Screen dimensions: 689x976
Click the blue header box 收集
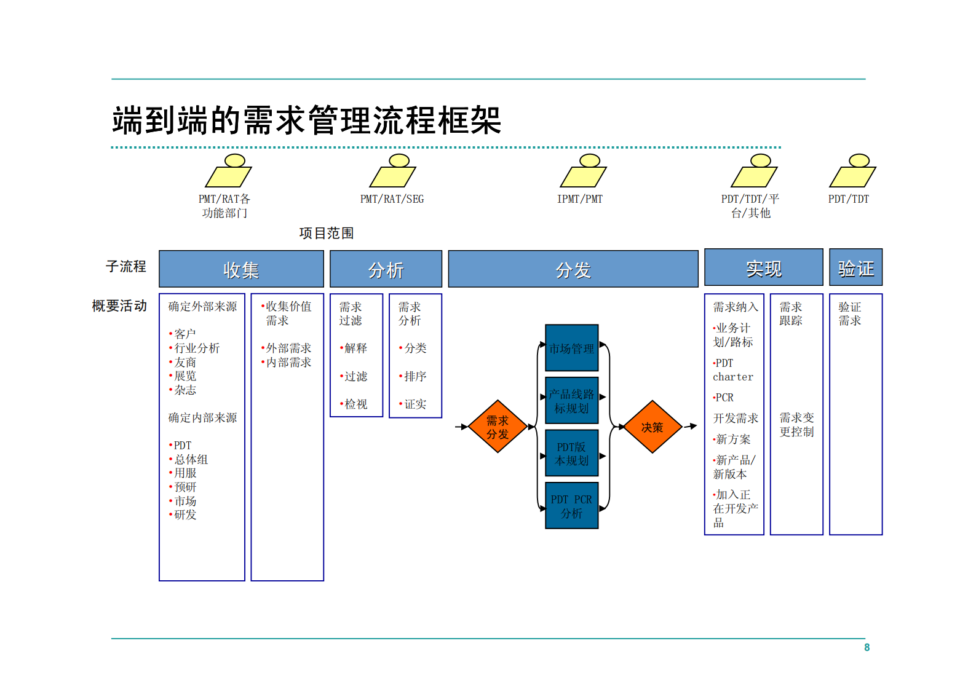[x=241, y=269]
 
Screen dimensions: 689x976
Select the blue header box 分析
[x=386, y=269]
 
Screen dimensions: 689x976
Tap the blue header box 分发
[x=573, y=269]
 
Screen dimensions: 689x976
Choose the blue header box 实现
[x=763, y=267]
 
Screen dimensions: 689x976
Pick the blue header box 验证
[x=855, y=267]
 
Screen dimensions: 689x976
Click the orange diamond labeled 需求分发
[x=498, y=427]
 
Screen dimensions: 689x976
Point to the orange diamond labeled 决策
[x=652, y=427]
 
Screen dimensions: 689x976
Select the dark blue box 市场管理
[x=571, y=348]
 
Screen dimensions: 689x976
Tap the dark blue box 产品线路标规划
[x=571, y=401]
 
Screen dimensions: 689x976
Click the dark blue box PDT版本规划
[x=571, y=454]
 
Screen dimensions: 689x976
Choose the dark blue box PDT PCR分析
[x=571, y=506]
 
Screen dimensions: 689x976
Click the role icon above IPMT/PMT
[x=583, y=171]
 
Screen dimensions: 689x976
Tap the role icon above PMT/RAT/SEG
[x=392, y=171]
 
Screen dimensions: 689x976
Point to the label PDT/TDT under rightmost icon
[x=848, y=199]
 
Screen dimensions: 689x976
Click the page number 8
[x=867, y=647]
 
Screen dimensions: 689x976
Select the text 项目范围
[x=327, y=233]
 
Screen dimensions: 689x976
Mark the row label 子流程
[x=125, y=266]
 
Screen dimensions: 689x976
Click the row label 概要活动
[x=119, y=305]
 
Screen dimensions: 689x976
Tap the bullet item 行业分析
[x=196, y=348]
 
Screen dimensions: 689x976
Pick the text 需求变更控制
[x=796, y=425]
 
